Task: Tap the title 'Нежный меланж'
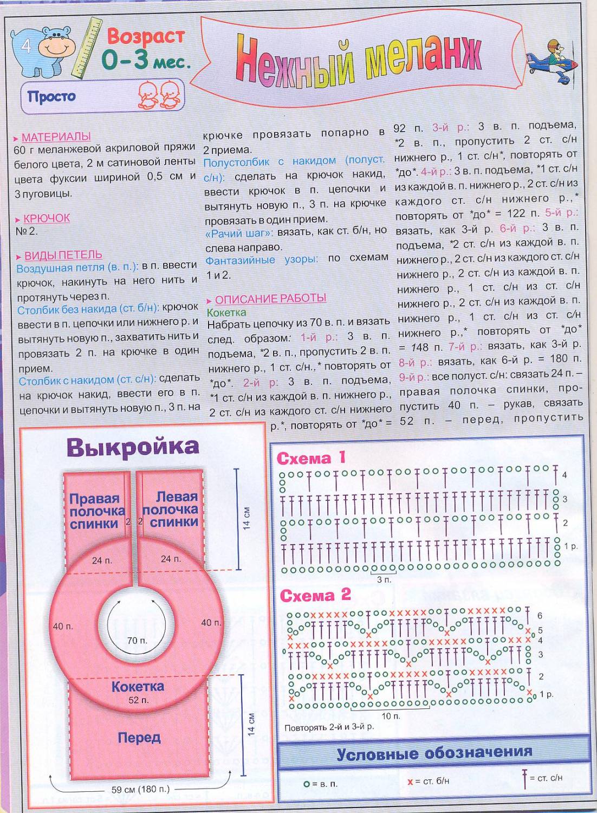click(358, 62)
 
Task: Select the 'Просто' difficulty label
click(51, 97)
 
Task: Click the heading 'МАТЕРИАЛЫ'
click(56, 137)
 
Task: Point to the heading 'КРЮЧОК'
click(47, 218)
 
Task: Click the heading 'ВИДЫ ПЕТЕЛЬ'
click(63, 255)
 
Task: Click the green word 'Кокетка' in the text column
click(226, 313)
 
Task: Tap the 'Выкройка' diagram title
click(133, 447)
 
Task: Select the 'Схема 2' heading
click(315, 595)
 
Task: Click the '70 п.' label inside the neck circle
click(137, 641)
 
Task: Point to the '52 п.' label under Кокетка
click(138, 700)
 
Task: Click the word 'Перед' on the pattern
click(139, 737)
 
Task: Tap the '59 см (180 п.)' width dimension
click(140, 789)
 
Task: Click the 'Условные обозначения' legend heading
click(434, 753)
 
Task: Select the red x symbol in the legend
click(410, 782)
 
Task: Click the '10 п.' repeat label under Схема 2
click(391, 716)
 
